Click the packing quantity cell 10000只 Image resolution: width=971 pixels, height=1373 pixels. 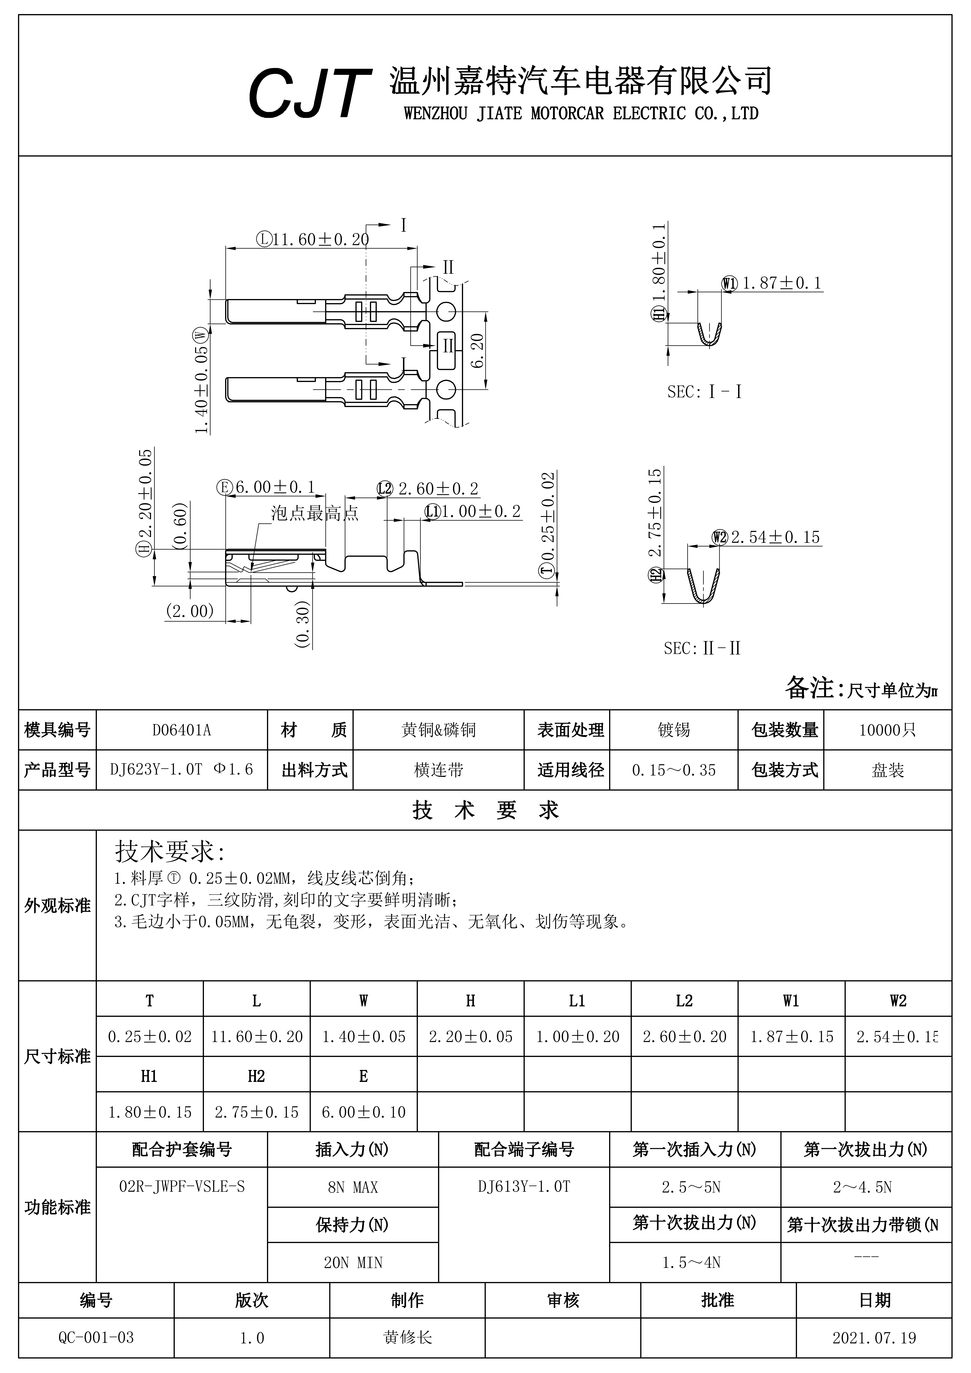[887, 730]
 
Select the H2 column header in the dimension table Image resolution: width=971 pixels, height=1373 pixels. [256, 1076]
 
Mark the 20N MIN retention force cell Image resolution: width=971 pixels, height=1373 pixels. [353, 1262]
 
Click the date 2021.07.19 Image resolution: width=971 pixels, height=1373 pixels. [874, 1338]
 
